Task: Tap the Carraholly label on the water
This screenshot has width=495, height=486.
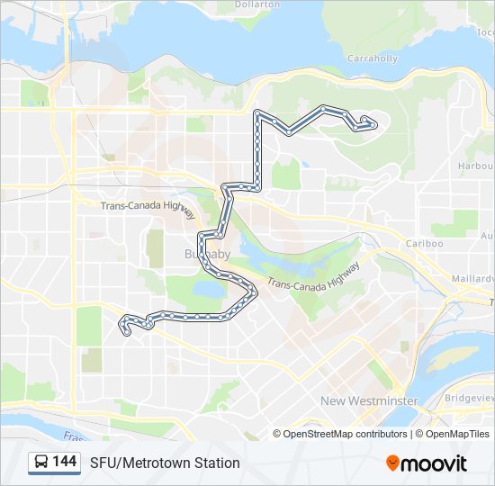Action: (x=373, y=58)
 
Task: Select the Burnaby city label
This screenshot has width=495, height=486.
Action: (x=208, y=255)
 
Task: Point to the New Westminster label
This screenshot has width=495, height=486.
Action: (x=369, y=400)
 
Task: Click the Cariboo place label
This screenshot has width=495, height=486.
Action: (x=424, y=243)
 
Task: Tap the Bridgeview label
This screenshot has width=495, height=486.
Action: (x=470, y=397)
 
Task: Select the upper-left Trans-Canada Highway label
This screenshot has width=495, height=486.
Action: (x=148, y=206)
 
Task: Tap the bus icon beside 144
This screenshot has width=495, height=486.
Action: (x=41, y=463)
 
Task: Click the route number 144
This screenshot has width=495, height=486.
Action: (x=65, y=462)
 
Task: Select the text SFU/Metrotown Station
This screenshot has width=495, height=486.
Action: (x=165, y=463)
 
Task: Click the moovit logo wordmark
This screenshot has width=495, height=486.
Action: (x=435, y=463)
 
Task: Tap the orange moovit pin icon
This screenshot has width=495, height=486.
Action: (x=392, y=463)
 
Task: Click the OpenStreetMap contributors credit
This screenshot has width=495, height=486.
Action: (x=346, y=434)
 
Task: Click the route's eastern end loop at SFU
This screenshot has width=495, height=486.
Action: (x=368, y=123)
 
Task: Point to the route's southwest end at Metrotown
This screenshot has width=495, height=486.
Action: (x=124, y=325)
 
